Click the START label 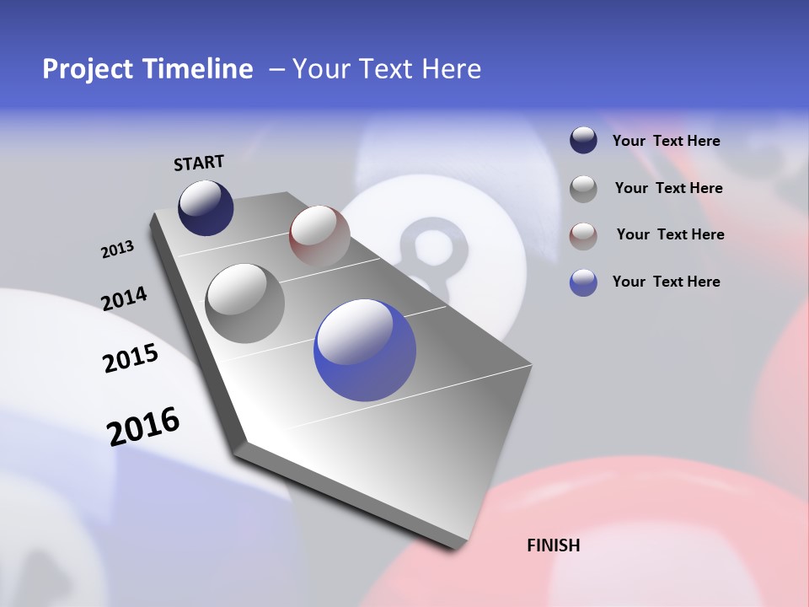click(199, 162)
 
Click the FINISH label click(553, 545)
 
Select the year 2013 click(117, 250)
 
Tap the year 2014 click(124, 298)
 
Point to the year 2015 click(130, 358)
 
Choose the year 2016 click(143, 426)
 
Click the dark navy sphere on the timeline click(206, 207)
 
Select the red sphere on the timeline click(319, 236)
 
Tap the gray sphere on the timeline click(244, 303)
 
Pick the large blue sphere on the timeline click(365, 350)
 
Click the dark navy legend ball click(583, 141)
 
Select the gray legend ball click(583, 188)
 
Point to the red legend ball click(583, 235)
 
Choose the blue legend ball click(583, 282)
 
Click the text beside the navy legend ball click(666, 142)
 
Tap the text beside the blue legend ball click(666, 282)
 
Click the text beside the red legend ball click(670, 234)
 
